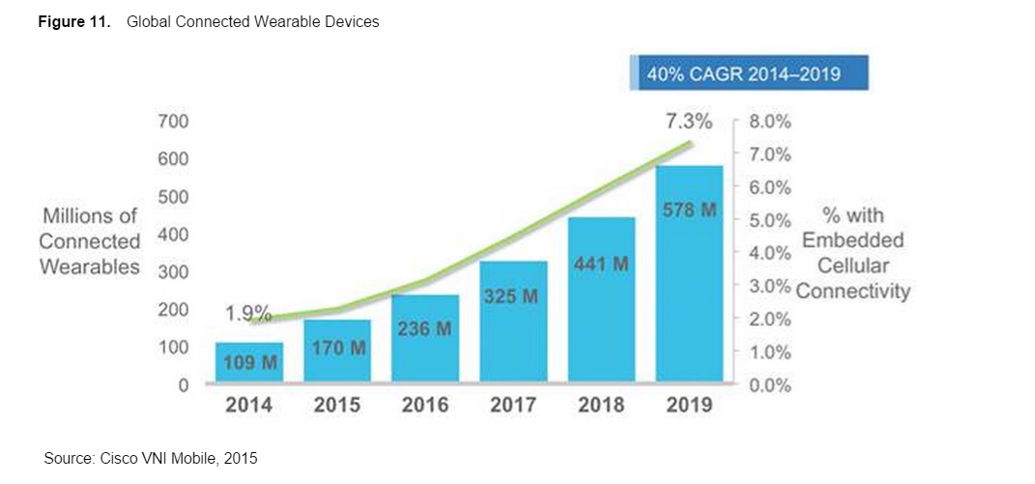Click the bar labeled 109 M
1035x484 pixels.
248,362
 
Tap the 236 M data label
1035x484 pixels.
424,328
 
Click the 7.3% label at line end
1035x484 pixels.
688,122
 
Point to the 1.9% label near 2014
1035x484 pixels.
248,314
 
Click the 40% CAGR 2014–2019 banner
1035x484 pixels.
749,73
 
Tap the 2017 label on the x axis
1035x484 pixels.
512,406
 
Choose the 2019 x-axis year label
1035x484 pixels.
688,406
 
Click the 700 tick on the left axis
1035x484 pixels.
174,122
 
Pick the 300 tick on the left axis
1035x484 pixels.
174,272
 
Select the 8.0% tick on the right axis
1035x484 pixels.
770,122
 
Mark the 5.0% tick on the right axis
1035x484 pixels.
770,220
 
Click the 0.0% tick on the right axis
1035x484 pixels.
770,385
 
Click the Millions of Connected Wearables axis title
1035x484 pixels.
90,242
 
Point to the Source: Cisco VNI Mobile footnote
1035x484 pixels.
151,458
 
